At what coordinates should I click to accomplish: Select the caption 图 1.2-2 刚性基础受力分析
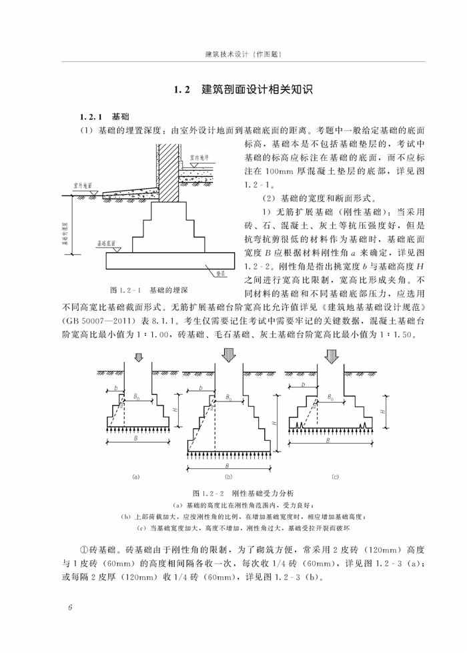tap(233, 493)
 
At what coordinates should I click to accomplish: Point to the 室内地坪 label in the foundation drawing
tap(198, 160)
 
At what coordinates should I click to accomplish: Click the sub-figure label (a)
tap(136, 477)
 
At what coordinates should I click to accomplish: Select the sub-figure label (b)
tap(228, 477)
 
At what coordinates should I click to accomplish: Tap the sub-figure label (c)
tap(335, 477)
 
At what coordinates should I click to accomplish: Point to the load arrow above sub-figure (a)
tap(139, 359)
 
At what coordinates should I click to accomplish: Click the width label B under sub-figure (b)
tap(227, 466)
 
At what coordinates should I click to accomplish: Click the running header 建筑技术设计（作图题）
tap(233, 55)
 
